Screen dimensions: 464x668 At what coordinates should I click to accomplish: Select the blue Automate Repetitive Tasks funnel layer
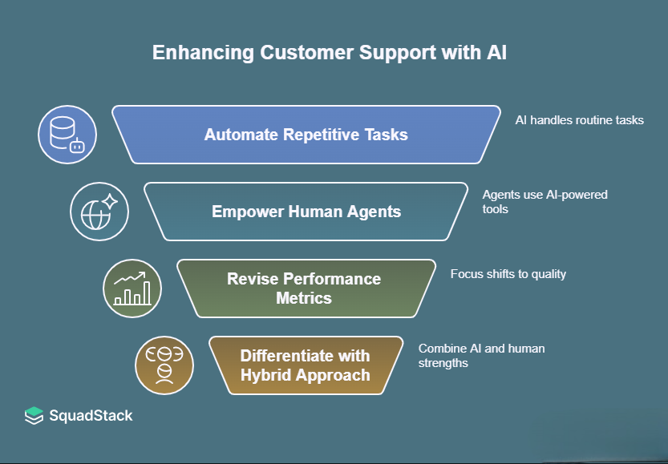306,135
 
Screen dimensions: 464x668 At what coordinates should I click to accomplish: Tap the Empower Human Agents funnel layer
306,212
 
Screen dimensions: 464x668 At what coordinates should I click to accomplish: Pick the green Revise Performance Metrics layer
306,288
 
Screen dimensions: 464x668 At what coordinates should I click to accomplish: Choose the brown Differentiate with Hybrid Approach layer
306,365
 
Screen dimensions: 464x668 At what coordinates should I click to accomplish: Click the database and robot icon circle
67,135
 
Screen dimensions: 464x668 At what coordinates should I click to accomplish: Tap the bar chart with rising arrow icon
132,288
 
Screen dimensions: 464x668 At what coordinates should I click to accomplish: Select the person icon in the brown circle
164,365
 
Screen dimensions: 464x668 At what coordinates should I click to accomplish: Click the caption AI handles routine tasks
579,120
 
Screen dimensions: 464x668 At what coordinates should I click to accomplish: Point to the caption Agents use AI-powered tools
545,202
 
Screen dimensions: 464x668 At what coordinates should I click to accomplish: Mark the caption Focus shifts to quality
508,274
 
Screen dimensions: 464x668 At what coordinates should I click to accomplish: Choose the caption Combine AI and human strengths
481,356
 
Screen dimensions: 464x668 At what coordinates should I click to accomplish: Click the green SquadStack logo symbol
34,416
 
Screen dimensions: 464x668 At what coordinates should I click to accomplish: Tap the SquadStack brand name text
91,416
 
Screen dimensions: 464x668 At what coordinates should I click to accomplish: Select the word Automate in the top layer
237,135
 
